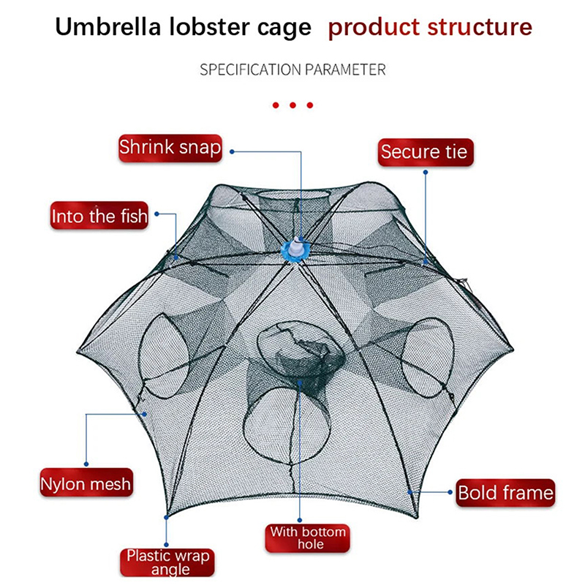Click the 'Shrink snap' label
coord(170,147)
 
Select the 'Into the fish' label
coord(99,216)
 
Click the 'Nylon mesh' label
coord(86,483)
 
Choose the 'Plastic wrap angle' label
coord(168,562)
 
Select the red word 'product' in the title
coord(369,29)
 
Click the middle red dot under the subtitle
coord(292,105)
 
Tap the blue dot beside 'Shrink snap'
coord(232,151)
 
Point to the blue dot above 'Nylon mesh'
coord(87,462)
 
